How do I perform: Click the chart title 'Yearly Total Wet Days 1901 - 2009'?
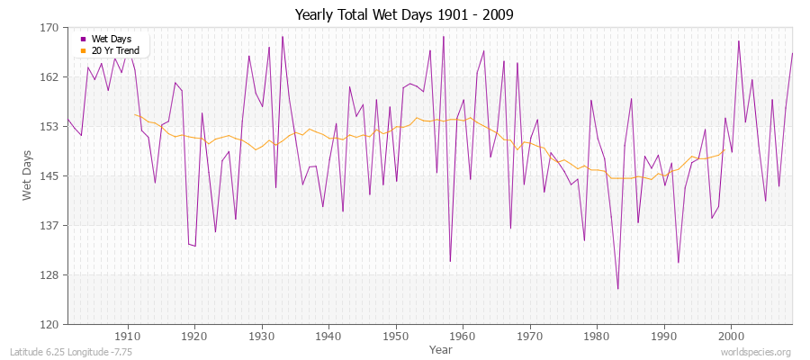[404, 15]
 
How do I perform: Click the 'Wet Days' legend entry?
[112, 39]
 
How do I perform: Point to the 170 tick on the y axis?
[49, 28]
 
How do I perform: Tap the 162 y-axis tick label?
[49, 77]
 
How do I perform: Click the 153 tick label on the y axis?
[49, 127]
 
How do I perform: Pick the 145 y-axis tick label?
[49, 175]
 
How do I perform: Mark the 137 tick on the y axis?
[49, 225]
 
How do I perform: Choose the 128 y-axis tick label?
[49, 274]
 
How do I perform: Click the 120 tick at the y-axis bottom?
[49, 324]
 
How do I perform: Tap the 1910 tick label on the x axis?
[127, 335]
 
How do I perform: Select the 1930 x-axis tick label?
[261, 335]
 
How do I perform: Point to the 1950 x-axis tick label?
[395, 335]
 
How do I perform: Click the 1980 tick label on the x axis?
[597, 335]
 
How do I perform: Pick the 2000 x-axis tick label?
[731, 335]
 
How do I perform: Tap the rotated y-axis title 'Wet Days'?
[28, 175]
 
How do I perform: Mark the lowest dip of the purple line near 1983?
[617, 289]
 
